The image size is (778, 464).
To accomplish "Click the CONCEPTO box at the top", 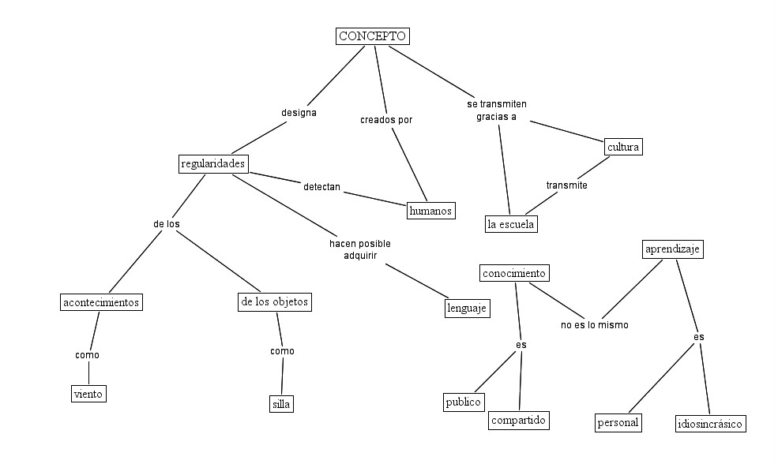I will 373,36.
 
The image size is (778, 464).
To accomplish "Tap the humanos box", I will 430,211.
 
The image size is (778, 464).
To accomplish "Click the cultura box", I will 623,147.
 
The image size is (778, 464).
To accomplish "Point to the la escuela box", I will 511,225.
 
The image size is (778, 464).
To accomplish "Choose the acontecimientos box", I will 101,302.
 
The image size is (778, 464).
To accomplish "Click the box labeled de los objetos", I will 274,302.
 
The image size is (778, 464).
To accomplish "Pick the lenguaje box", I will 467,309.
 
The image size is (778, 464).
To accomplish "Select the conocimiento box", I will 513,274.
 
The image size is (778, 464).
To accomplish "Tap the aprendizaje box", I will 672,250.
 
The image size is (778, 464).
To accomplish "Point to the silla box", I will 281,404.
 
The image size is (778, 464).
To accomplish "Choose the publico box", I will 463,402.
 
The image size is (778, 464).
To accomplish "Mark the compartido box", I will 518,421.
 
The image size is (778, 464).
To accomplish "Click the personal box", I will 618,423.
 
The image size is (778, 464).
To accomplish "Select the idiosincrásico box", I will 710,424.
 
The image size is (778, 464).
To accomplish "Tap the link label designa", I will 299,113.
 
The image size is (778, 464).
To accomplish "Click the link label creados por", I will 386,120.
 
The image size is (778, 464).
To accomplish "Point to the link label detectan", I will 321,187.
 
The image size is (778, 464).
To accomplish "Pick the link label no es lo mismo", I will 594,324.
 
